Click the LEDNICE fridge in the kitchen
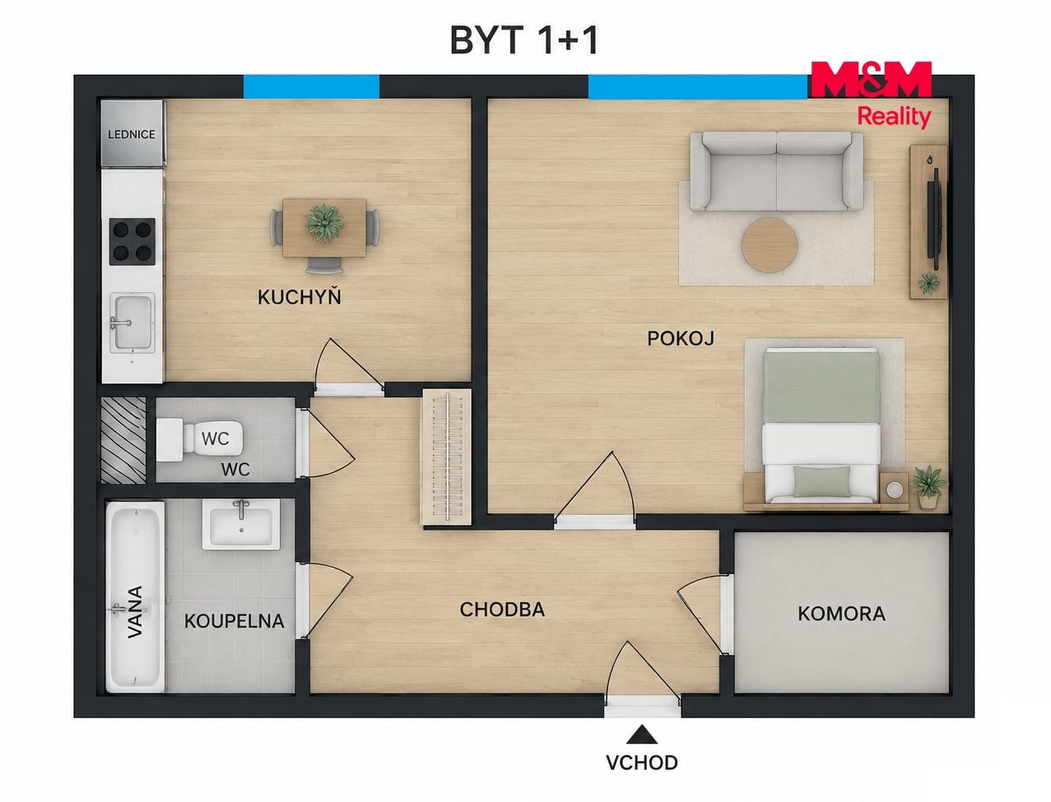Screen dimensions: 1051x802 pos(133,133)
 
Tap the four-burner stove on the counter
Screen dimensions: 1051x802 pos(133,242)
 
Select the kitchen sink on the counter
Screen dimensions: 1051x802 pos(133,323)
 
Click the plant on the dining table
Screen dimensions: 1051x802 pos(324,222)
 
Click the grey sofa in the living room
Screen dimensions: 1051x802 pos(776,171)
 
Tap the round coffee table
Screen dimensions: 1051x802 pos(770,245)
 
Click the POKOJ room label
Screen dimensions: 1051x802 pos(681,338)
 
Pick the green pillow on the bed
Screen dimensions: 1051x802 pos(822,481)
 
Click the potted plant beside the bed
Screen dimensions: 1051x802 pos(928,486)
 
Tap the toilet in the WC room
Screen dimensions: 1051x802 pos(200,439)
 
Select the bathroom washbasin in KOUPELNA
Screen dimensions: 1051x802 pos(241,524)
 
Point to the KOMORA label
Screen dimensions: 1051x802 pos(841,614)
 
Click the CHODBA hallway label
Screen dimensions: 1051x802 pos(502,610)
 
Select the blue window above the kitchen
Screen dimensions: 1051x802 pos(312,86)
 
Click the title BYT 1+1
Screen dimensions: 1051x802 pos(524,40)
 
